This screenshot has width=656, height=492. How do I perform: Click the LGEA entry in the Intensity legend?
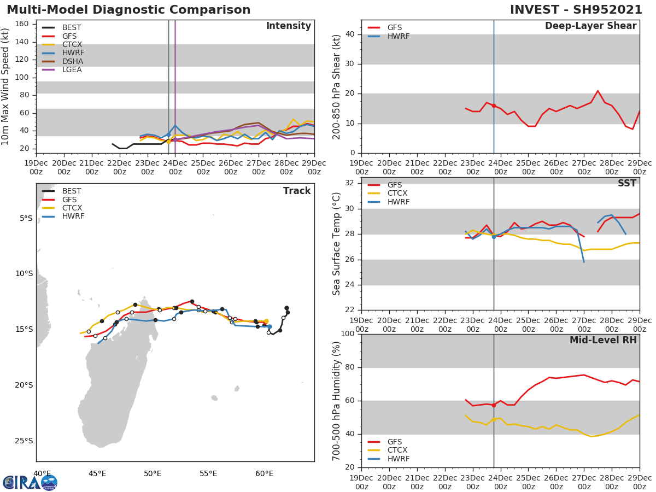(x=72, y=69)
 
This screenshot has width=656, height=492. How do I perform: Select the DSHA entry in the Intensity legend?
(x=72, y=61)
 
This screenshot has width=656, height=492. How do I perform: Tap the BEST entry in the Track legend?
(x=72, y=191)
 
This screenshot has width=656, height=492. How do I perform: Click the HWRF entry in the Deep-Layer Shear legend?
(x=398, y=36)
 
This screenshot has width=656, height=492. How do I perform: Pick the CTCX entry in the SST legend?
(x=398, y=193)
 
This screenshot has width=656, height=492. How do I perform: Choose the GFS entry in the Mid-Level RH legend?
(x=398, y=442)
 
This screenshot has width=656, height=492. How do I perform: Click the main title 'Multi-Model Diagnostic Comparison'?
(x=128, y=10)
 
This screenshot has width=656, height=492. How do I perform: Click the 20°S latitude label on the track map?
(x=24, y=385)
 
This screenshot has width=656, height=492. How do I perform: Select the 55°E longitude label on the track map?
(x=208, y=473)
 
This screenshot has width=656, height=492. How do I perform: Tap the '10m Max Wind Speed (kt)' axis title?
(x=6, y=86)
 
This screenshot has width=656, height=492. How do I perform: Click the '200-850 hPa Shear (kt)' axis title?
(x=337, y=86)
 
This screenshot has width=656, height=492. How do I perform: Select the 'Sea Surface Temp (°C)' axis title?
(x=337, y=244)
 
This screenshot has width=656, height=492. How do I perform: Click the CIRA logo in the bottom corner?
(x=30, y=482)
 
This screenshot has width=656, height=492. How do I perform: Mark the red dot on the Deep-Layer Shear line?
(x=494, y=106)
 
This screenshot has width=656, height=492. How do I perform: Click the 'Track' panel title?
(x=296, y=191)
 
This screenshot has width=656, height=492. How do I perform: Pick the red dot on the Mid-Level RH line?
(x=494, y=405)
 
